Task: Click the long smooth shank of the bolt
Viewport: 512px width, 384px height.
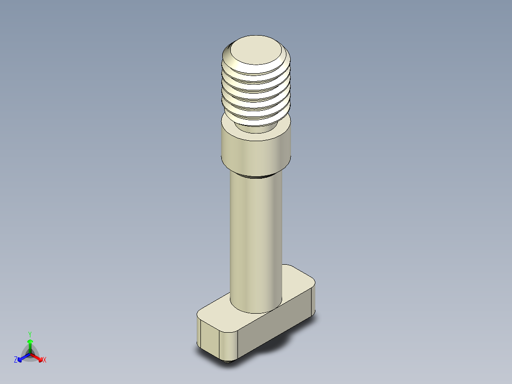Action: pyautogui.click(x=256, y=238)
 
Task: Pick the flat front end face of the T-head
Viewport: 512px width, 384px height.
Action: pyautogui.click(x=209, y=337)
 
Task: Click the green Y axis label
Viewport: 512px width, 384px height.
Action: pyautogui.click(x=29, y=334)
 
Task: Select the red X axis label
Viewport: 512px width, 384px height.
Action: pyautogui.click(x=45, y=360)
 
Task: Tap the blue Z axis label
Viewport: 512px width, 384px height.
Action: pyautogui.click(x=16, y=360)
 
